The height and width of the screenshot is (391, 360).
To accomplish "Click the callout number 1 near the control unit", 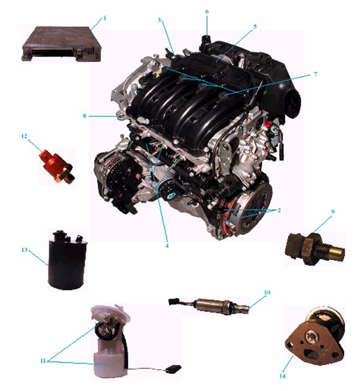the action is [x=105, y=18].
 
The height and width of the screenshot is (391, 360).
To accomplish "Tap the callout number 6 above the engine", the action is [x=207, y=12].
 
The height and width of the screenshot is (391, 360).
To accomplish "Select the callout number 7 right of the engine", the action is [x=315, y=74].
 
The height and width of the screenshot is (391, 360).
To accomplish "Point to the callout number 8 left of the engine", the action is [x=84, y=116].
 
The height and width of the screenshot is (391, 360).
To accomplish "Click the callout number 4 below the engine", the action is [x=167, y=245].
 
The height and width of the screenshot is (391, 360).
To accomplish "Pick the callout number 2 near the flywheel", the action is [x=279, y=210].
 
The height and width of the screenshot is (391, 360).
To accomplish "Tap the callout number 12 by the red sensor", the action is [x=24, y=136].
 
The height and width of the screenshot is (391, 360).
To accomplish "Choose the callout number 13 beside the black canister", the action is [x=24, y=250].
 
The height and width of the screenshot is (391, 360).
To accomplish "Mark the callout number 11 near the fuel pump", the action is [x=43, y=361].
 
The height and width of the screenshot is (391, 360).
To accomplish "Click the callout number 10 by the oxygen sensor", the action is [x=267, y=292].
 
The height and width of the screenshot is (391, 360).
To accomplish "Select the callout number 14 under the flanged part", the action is [x=282, y=376].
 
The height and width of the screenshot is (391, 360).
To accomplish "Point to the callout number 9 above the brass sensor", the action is [x=333, y=211].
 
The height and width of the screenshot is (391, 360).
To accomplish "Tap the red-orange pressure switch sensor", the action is [x=57, y=165].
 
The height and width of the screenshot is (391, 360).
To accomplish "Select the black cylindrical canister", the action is [x=67, y=260].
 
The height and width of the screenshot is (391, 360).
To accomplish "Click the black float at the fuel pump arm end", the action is [x=173, y=368].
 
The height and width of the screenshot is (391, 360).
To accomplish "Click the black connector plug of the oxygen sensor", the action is [x=173, y=302].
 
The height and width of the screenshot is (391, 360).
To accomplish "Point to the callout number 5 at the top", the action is [x=255, y=27].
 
